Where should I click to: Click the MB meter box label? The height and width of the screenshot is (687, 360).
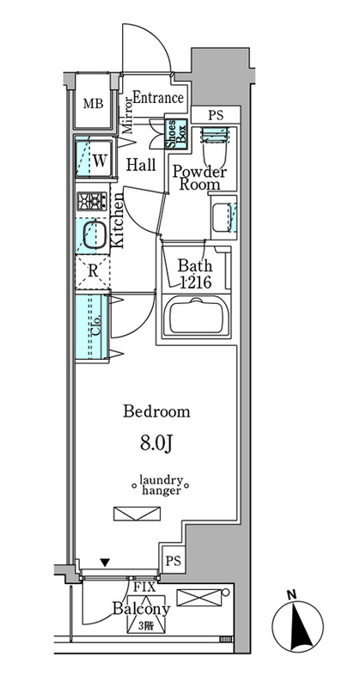(x=94, y=104)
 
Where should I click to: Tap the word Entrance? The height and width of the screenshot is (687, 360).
(x=158, y=97)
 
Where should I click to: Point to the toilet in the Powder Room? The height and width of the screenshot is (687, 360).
(x=215, y=147)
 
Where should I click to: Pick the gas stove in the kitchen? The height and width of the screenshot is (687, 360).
(x=92, y=202)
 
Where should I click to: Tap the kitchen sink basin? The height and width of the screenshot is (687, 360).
(x=95, y=235)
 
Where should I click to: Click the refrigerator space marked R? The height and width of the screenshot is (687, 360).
(x=93, y=271)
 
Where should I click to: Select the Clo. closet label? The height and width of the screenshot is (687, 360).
(x=96, y=326)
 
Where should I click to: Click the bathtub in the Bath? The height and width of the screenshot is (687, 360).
(x=196, y=315)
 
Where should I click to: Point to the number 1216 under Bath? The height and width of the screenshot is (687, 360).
(x=197, y=283)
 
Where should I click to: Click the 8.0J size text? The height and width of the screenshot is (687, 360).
(x=156, y=444)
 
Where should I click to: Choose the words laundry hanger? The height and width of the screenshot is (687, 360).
(x=161, y=485)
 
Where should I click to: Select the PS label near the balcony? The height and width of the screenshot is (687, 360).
(x=174, y=562)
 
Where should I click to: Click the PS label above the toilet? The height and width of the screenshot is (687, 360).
(x=216, y=116)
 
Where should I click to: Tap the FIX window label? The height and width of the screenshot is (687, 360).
(x=142, y=587)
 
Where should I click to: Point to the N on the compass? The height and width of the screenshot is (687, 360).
(x=290, y=594)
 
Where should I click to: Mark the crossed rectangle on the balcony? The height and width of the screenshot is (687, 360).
(x=199, y=598)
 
